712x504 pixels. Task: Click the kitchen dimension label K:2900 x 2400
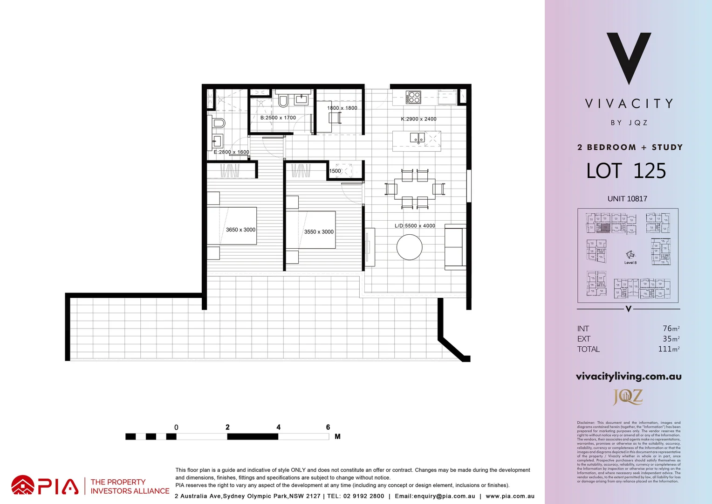click(418, 119)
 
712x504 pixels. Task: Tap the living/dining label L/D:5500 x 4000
click(415, 226)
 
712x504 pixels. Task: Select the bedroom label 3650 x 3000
click(240, 230)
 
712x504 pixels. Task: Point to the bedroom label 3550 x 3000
click(319, 232)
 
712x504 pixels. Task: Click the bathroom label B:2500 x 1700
click(278, 118)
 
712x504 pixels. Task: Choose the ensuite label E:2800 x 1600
click(231, 152)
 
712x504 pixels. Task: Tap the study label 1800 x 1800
click(342, 108)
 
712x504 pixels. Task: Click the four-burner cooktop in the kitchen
click(413, 98)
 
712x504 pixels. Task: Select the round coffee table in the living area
click(410, 247)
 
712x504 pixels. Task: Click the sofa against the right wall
click(455, 247)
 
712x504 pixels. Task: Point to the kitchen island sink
click(417, 138)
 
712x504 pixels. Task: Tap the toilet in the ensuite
click(218, 123)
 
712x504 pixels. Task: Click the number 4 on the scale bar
click(278, 427)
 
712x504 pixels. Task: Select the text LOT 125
click(626, 171)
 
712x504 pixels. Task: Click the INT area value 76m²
click(671, 329)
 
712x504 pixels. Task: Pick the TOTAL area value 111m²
click(669, 349)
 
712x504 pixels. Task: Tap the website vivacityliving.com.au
click(629, 377)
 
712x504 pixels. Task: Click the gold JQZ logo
click(628, 397)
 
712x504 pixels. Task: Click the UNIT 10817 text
click(627, 199)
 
